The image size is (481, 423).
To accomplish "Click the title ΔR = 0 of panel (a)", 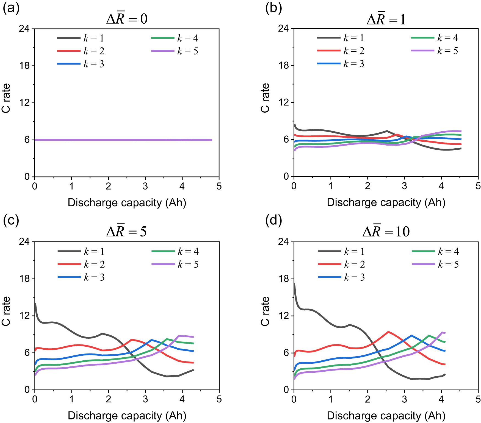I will tap(127, 19).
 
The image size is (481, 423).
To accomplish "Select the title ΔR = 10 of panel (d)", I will tap(386, 231).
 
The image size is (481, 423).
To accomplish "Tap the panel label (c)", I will tap(11, 221).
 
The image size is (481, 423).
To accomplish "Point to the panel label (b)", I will tap(273, 8).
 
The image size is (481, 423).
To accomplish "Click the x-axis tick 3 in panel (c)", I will tap(145, 399).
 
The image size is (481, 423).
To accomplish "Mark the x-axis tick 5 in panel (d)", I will tap(478, 399).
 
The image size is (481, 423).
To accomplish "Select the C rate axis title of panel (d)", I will tap(265, 311).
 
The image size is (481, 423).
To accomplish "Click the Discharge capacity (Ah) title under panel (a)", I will tap(127, 203).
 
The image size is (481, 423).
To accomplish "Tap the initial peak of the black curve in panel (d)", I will tap(294, 284).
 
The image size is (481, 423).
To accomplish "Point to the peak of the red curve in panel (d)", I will tap(388, 332).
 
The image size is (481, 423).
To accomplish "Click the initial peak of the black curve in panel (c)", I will tap(35, 304).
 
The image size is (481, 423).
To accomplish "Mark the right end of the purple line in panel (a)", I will tap(211, 140).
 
